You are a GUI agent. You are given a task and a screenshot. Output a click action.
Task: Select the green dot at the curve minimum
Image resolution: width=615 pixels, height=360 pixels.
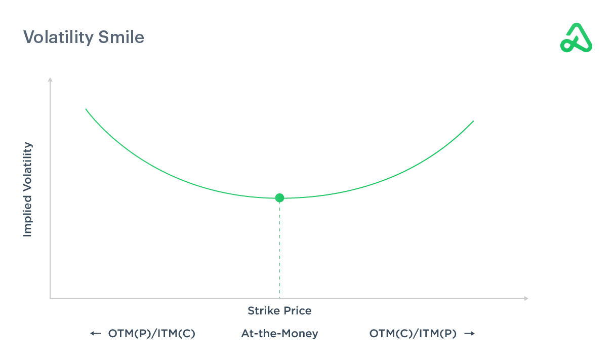(x=279, y=198)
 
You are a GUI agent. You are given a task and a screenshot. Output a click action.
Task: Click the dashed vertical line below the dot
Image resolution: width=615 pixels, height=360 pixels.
(x=279, y=248)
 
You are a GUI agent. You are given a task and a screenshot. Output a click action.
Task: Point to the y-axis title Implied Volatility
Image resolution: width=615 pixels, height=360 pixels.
(x=27, y=189)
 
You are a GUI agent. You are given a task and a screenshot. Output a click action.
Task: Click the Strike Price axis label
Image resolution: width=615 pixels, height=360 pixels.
(x=279, y=310)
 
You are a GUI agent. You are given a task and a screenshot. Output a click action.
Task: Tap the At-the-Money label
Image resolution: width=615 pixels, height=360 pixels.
(x=279, y=334)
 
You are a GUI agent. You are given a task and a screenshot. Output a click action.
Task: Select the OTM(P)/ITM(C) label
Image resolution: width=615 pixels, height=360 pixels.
(x=151, y=334)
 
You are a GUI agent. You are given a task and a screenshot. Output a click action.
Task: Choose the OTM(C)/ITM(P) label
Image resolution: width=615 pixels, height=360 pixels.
(x=413, y=334)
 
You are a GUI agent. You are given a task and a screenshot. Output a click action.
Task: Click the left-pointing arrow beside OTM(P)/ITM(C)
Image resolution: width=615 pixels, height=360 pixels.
(x=95, y=334)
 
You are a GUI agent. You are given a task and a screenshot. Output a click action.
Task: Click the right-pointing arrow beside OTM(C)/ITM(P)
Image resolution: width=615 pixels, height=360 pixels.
(x=469, y=334)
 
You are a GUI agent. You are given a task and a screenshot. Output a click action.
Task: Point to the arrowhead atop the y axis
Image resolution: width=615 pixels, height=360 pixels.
(x=50, y=79)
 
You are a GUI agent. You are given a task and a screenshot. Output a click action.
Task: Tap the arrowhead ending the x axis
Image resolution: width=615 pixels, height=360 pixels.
(x=526, y=299)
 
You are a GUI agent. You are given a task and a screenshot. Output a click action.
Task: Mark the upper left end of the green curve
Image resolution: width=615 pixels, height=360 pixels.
(x=86, y=109)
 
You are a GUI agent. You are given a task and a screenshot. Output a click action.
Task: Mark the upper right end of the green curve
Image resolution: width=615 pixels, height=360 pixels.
(x=473, y=121)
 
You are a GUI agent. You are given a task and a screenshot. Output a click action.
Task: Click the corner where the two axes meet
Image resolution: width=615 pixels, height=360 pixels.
(x=50, y=299)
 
